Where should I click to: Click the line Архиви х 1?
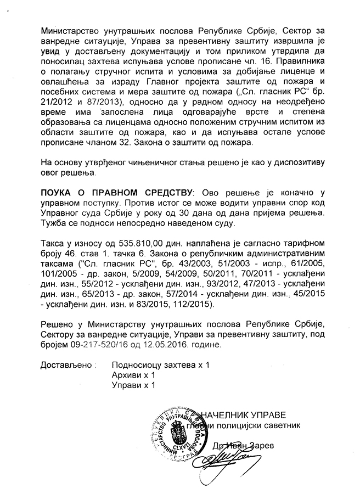click(133, 375)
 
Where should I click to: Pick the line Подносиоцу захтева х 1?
click(160, 364)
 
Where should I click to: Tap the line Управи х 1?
click(133, 385)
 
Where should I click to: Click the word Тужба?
click(54, 223)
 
